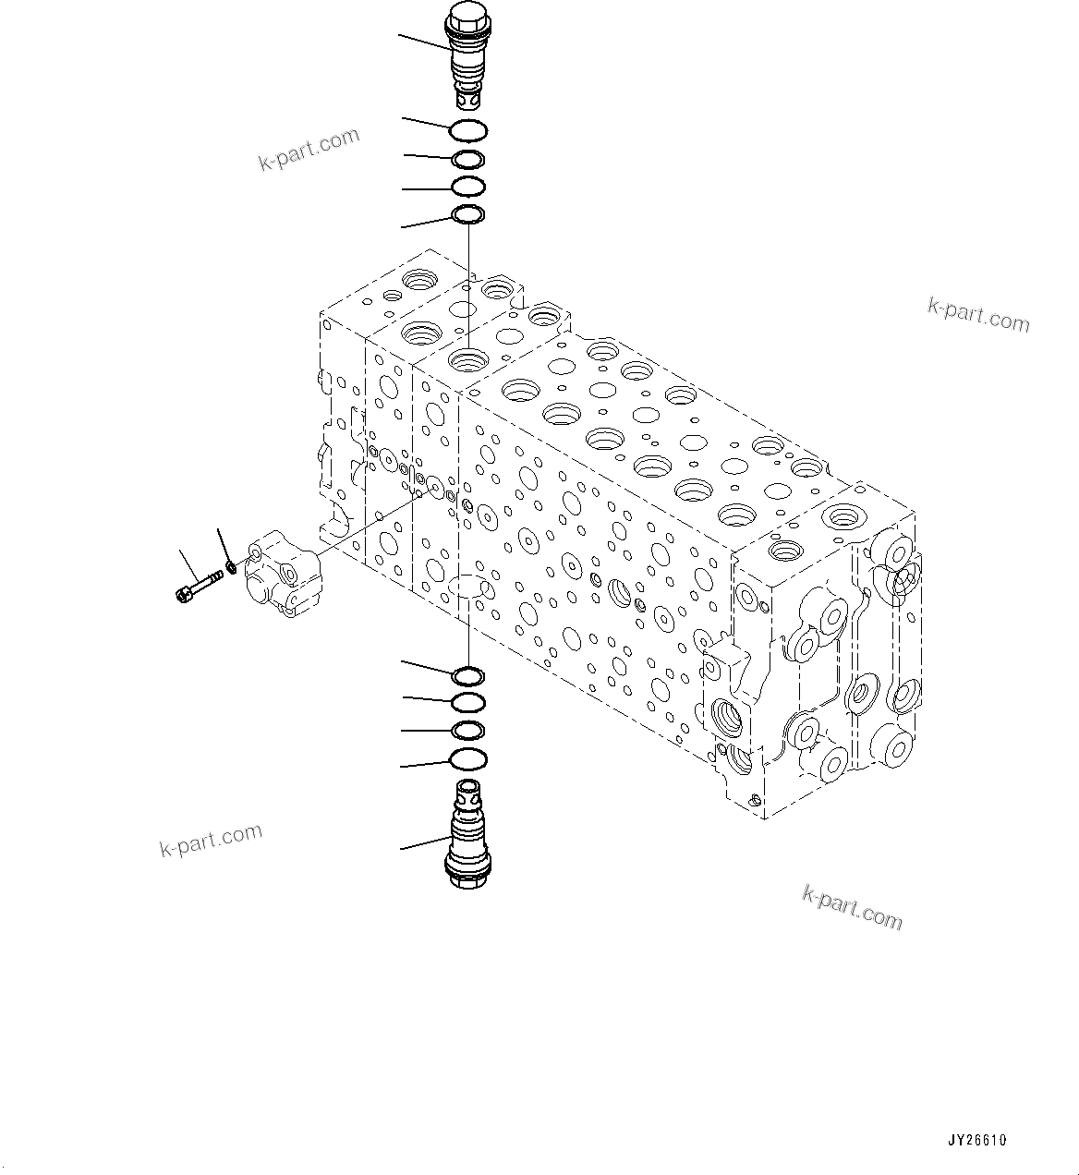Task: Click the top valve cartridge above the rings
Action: (x=467, y=55)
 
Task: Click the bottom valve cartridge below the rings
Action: (x=468, y=836)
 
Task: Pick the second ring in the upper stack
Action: (x=468, y=160)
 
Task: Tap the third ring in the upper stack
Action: (x=468, y=188)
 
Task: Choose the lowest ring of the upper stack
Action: (x=468, y=216)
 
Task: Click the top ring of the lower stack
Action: (x=468, y=675)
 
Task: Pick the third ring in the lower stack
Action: (x=468, y=731)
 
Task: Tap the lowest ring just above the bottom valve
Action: (x=468, y=760)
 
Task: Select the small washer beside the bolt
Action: (x=231, y=564)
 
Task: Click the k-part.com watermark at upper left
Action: (x=309, y=151)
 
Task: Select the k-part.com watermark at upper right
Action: (x=978, y=314)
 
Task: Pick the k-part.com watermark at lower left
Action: (x=211, y=839)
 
